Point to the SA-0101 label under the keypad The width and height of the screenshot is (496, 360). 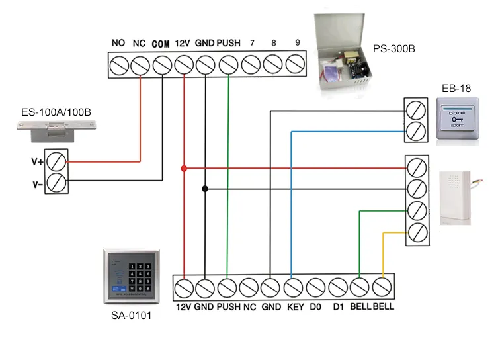tap(132, 316)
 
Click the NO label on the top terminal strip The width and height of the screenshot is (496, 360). tap(118, 43)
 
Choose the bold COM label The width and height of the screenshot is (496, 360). tap(161, 44)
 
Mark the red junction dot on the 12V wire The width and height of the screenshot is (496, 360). tap(184, 169)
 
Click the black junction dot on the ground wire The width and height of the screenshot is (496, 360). tap(205, 189)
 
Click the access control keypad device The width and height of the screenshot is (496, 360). tap(132, 278)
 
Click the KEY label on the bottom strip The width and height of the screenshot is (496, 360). tap(294, 308)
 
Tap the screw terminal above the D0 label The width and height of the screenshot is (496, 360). tap(316, 288)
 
